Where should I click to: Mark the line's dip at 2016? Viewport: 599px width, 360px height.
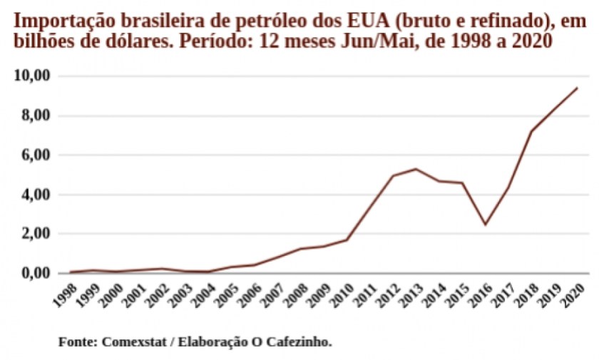click(485, 225)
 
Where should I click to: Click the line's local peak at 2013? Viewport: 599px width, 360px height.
click(416, 169)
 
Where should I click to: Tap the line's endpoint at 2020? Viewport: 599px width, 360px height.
click(577, 88)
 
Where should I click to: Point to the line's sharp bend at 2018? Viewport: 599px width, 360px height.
click(531, 131)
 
